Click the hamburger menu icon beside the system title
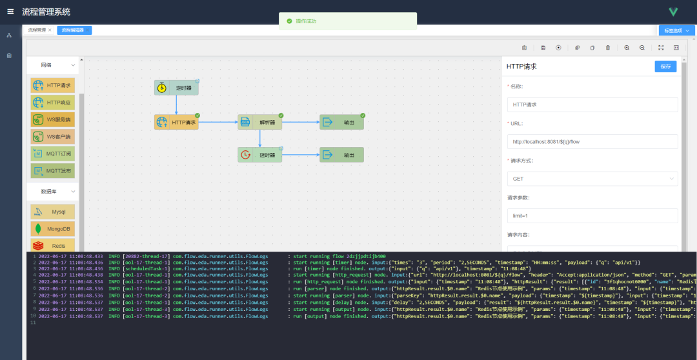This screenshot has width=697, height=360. [x=10, y=12]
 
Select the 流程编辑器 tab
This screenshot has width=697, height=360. [x=74, y=30]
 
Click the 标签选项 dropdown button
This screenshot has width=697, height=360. [x=676, y=30]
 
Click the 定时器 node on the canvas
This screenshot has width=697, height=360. [x=176, y=88]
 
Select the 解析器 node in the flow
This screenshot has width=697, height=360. [x=260, y=122]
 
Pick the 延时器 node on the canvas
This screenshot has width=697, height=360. [x=260, y=155]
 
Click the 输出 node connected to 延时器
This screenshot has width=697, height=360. [x=341, y=155]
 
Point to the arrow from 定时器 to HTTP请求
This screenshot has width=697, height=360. [x=176, y=105]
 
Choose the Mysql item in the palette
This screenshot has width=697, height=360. [x=52, y=212]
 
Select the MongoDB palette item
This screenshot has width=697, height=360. [x=52, y=228]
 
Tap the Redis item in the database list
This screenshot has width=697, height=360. [x=52, y=245]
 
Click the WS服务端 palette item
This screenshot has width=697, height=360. [x=52, y=119]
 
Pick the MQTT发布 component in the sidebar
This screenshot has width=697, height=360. [x=52, y=171]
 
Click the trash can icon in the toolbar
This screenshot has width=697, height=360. [x=608, y=48]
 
